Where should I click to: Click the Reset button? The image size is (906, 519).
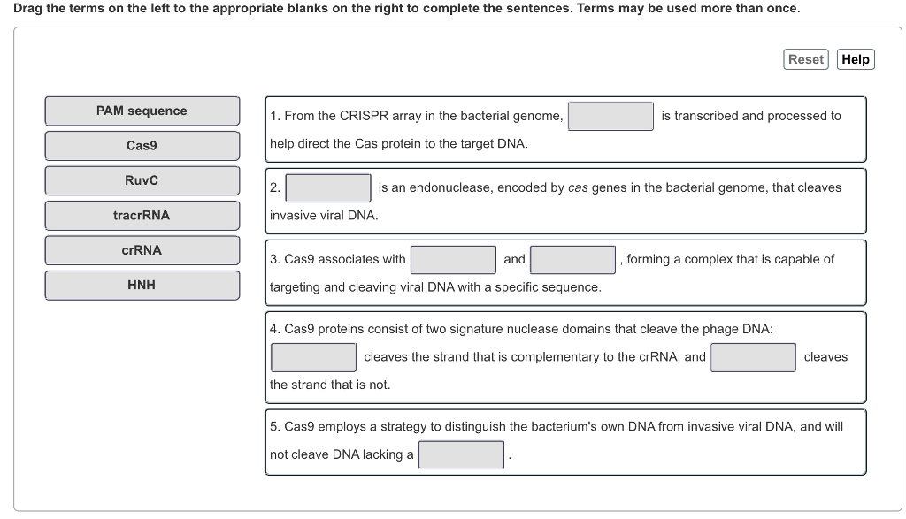[805, 59]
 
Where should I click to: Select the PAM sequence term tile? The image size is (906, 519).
[142, 111]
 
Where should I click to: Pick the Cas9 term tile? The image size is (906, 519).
[142, 146]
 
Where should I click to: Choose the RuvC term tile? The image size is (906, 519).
[142, 180]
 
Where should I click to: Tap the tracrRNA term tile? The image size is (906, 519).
[142, 215]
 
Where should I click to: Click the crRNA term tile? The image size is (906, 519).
[142, 250]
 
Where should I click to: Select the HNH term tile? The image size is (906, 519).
[142, 285]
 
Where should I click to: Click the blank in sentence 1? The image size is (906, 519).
[610, 116]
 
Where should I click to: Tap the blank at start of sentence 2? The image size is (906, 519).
[327, 187]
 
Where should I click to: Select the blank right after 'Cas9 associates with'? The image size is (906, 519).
[453, 259]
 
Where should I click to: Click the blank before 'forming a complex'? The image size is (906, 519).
[573, 259]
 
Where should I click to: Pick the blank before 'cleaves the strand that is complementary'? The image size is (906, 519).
[313, 357]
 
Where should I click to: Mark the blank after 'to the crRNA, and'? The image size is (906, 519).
[753, 357]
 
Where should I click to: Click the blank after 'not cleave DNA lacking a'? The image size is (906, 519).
[461, 454]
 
